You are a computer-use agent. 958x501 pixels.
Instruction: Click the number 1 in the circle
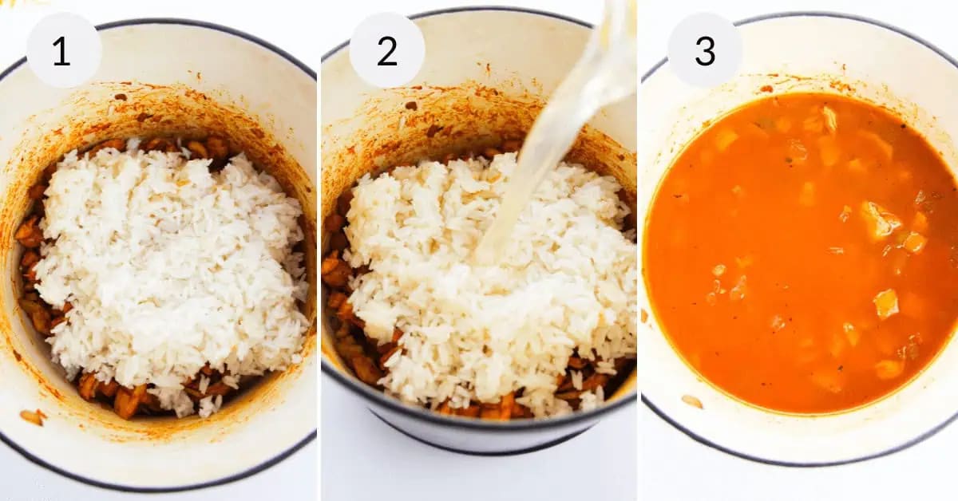pos(62,50)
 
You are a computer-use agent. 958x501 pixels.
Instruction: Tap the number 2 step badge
pos(387,50)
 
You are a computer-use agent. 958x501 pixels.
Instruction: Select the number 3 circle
pos(705,50)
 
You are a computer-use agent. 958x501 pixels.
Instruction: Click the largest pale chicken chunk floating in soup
pos(878,219)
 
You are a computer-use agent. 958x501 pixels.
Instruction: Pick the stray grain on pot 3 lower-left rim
pos(691,401)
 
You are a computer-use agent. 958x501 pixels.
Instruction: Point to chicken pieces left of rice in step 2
pos(335,271)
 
